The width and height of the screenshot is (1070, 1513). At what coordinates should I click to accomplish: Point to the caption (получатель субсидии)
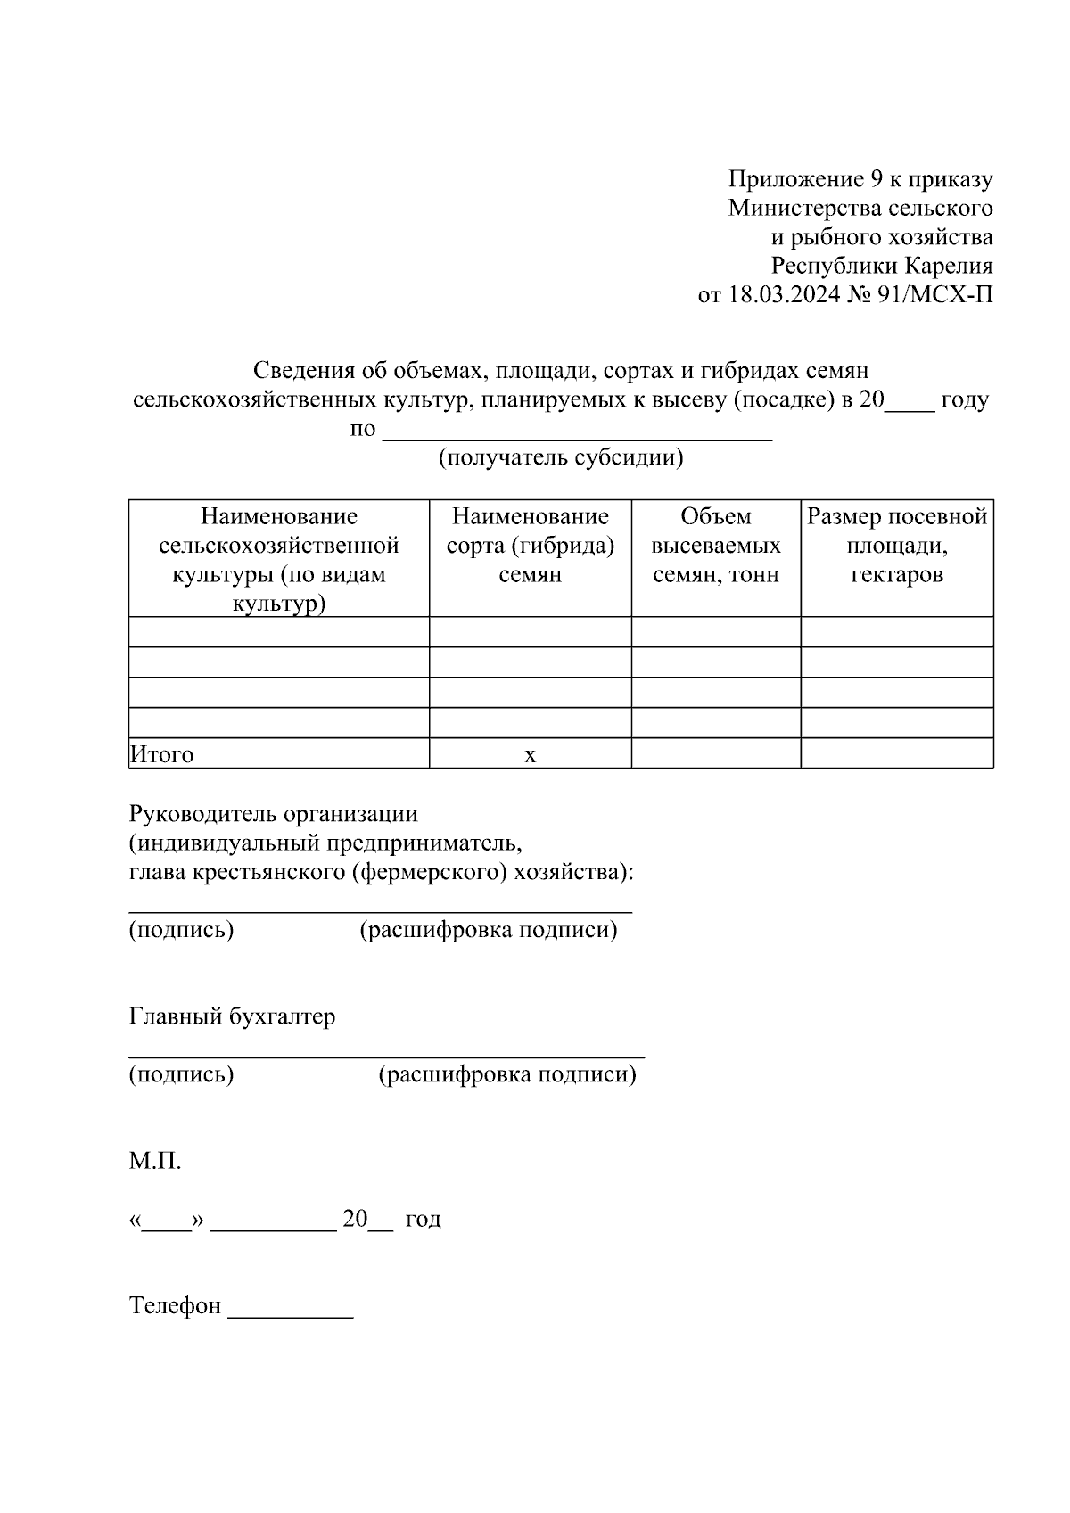tap(561, 457)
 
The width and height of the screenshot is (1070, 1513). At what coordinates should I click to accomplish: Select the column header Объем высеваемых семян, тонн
tap(716, 546)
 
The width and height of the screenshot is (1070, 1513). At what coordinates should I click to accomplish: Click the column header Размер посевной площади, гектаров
tap(897, 546)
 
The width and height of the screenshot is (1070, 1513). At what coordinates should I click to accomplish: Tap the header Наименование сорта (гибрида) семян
tap(531, 546)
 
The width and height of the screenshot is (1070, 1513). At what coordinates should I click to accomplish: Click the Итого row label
tap(162, 754)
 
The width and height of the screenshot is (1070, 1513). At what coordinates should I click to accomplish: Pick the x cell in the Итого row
tap(531, 755)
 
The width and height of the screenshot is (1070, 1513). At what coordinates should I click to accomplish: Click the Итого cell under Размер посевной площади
tap(897, 753)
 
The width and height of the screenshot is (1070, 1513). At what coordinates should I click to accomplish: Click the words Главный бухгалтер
tap(233, 1016)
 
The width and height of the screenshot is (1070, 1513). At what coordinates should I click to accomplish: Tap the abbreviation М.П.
tap(155, 1161)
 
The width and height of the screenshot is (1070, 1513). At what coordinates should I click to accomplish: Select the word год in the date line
tap(424, 1219)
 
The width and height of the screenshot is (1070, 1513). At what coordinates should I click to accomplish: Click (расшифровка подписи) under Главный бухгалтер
tap(507, 1074)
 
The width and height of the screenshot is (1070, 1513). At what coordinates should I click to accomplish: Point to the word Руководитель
tap(202, 814)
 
